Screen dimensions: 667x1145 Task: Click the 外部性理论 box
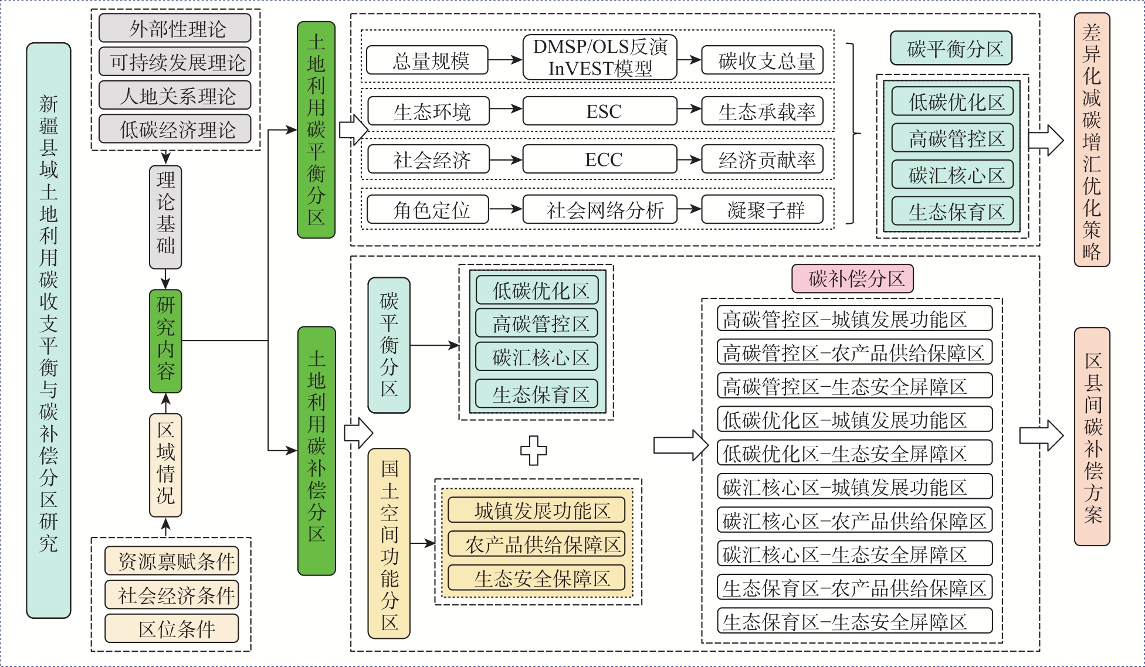click(175, 28)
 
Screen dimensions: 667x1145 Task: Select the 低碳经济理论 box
click(175, 129)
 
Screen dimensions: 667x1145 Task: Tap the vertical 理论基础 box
click(165, 217)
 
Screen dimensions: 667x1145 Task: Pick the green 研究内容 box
click(165, 341)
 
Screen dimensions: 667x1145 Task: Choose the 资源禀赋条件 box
click(172, 561)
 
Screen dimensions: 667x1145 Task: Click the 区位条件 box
click(172, 629)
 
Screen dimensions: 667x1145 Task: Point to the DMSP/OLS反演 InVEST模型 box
click(599, 57)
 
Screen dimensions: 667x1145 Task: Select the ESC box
click(599, 111)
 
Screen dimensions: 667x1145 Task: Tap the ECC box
click(599, 160)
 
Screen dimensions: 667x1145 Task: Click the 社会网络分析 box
click(599, 210)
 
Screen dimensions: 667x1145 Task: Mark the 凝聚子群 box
click(763, 210)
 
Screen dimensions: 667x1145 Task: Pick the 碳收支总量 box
click(763, 60)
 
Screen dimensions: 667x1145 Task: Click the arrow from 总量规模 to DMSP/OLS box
click(505, 60)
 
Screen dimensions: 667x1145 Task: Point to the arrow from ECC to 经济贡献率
click(689, 160)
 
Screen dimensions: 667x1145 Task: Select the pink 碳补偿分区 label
click(852, 279)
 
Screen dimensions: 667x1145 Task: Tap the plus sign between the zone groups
click(534, 451)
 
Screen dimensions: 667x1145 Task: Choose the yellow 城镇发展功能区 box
click(536, 511)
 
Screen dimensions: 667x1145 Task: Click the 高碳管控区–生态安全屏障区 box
click(854, 386)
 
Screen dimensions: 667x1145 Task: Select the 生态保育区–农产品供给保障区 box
click(854, 588)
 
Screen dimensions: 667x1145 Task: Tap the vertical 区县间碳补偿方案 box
click(1092, 437)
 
